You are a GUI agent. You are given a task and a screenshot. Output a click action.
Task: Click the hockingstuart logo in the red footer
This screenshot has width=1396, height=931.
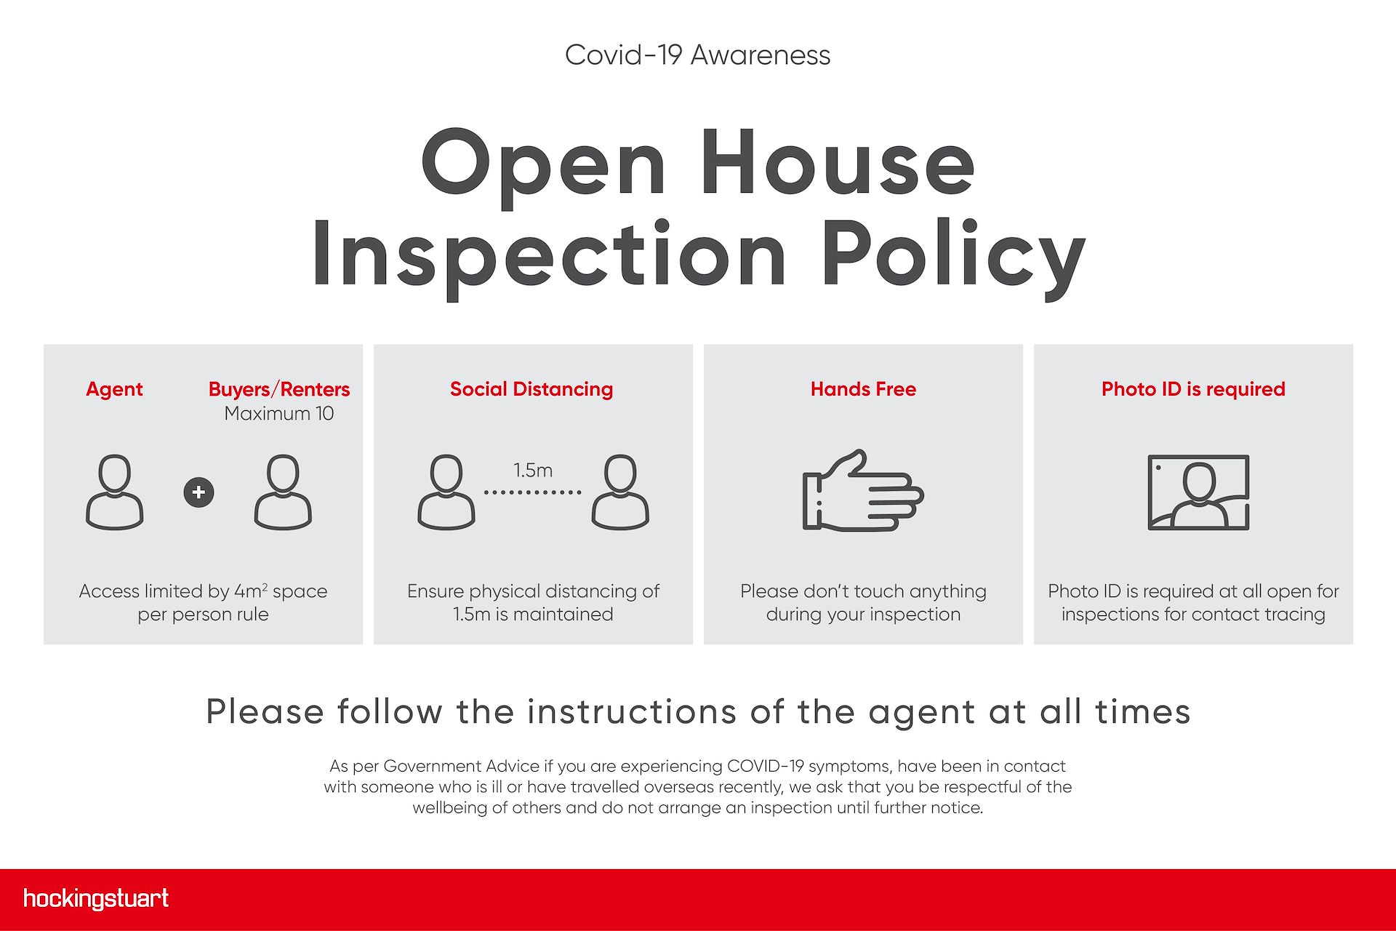(96, 899)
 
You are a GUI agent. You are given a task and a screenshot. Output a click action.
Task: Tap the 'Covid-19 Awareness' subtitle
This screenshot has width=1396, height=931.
(697, 55)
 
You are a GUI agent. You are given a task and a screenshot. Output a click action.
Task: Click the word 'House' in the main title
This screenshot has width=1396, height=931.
(837, 164)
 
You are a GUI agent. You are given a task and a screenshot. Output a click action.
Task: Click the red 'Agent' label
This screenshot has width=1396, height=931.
(114, 390)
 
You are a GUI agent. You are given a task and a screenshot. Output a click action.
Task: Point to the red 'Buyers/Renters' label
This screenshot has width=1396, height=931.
(279, 389)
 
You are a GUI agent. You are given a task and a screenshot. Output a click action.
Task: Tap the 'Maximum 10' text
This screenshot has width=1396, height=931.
(279, 414)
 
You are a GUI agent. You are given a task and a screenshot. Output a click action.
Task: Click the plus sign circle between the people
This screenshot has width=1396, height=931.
(198, 492)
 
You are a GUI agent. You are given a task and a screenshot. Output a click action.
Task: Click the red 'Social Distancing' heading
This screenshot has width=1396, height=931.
(531, 389)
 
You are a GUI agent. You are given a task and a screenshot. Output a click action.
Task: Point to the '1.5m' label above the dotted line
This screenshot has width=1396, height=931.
(533, 471)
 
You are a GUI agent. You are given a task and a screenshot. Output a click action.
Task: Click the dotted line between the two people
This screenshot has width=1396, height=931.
(533, 492)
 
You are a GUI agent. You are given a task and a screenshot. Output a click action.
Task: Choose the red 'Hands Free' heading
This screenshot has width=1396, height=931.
(863, 389)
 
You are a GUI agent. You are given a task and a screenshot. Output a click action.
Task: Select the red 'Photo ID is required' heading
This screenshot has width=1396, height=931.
(1193, 389)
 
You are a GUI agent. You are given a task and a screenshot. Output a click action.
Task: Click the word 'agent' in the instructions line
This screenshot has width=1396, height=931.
(922, 713)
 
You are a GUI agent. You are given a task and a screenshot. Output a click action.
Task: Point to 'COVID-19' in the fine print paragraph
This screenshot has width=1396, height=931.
(766, 766)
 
